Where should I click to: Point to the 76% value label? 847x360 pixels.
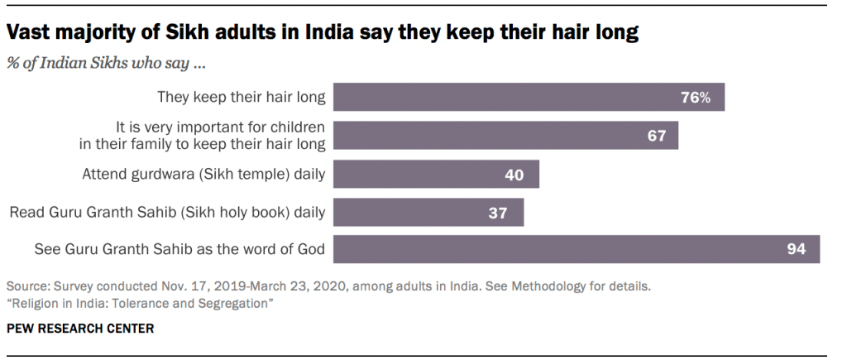696,98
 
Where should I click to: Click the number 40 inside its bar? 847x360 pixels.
514,175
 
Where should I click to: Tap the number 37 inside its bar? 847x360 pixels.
497,213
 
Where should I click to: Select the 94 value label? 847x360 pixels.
796,249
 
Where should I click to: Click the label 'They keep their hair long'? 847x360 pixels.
242,98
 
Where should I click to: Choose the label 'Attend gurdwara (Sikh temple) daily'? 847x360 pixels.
203,175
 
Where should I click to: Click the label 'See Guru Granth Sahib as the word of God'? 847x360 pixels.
179,249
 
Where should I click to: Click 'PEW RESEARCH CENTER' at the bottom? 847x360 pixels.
79,329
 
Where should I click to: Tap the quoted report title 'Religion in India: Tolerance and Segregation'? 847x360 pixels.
141,304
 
